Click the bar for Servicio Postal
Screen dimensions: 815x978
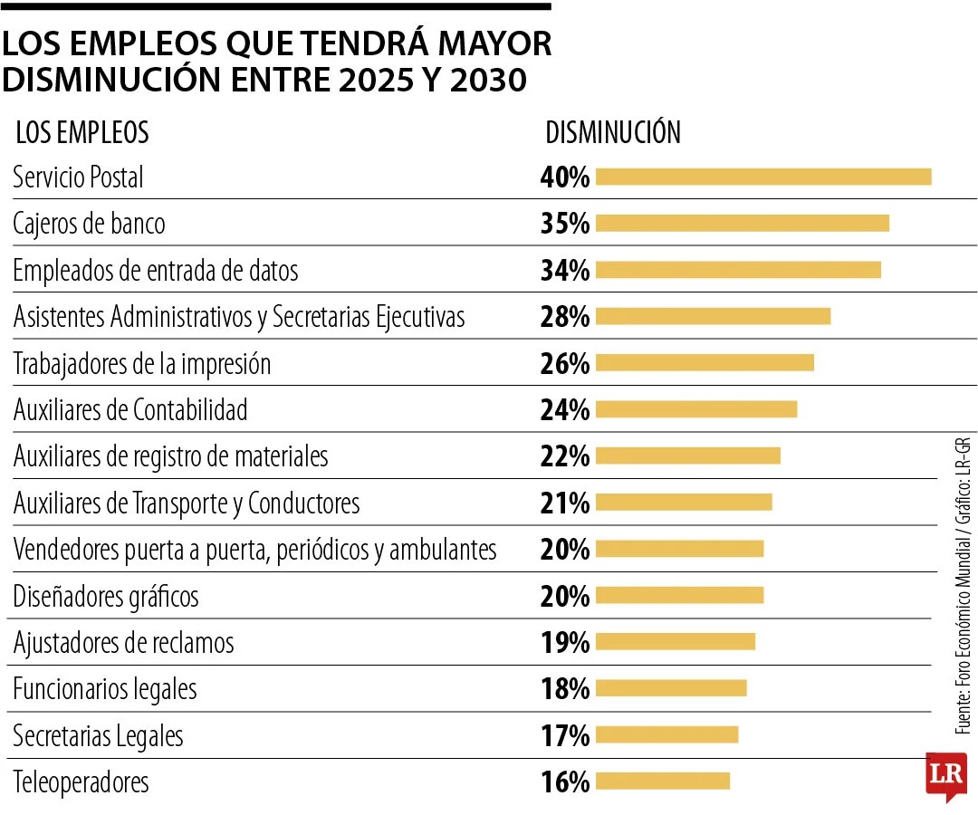762,177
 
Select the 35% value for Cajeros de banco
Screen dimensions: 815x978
565,224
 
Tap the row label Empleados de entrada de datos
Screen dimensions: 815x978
156,270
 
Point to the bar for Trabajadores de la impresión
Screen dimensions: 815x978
705,363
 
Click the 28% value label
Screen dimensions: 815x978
565,317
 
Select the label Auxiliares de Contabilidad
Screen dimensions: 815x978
130,410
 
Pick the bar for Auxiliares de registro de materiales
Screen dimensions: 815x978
687,456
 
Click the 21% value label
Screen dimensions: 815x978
565,503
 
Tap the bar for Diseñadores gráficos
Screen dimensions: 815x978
679,596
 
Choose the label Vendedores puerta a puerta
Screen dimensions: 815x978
254,550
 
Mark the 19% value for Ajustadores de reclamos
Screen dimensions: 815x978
565,643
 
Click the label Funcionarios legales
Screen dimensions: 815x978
105,689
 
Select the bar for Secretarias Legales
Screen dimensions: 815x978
666,735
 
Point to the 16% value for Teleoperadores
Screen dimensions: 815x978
565,782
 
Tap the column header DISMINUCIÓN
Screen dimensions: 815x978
613,133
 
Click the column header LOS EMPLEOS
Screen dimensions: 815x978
82,133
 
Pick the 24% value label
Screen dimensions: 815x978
565,410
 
